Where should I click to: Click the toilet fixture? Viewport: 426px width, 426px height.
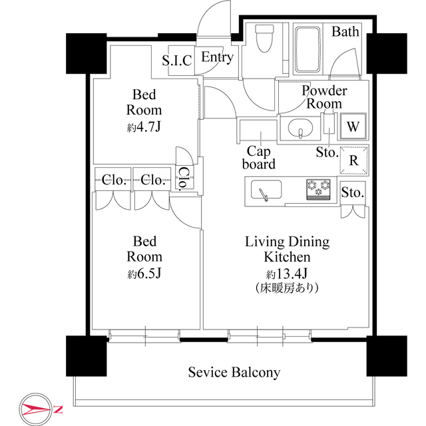pyautogui.click(x=264, y=39)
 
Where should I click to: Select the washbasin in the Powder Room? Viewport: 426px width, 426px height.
pyautogui.click(x=300, y=129)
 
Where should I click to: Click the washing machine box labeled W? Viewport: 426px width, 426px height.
pyautogui.click(x=353, y=126)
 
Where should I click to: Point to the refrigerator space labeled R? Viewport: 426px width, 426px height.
pyautogui.click(x=353, y=160)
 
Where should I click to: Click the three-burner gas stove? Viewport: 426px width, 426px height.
pyautogui.click(x=318, y=189)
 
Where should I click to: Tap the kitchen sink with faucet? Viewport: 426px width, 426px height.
pyautogui.click(x=266, y=190)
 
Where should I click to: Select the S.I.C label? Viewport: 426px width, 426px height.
pyautogui.click(x=177, y=61)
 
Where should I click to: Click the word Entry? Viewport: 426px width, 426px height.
pyautogui.click(x=218, y=57)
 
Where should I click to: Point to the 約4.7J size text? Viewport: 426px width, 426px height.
pyautogui.click(x=144, y=126)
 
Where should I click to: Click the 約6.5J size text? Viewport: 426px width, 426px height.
pyautogui.click(x=144, y=274)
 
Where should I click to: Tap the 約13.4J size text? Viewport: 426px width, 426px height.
pyautogui.click(x=287, y=274)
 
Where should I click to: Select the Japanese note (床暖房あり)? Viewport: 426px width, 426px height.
pyautogui.click(x=287, y=288)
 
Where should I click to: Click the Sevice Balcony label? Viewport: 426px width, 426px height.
pyautogui.click(x=234, y=372)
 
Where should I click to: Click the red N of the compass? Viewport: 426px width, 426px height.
pyautogui.click(x=59, y=409)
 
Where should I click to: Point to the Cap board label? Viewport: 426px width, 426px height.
pyautogui.click(x=259, y=158)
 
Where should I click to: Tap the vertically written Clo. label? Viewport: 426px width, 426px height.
pyautogui.click(x=184, y=178)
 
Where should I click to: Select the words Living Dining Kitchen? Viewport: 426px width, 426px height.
pyautogui.click(x=287, y=249)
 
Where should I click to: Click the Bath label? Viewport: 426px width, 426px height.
pyautogui.click(x=345, y=31)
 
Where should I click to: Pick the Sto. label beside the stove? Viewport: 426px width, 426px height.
pyautogui.click(x=353, y=192)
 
